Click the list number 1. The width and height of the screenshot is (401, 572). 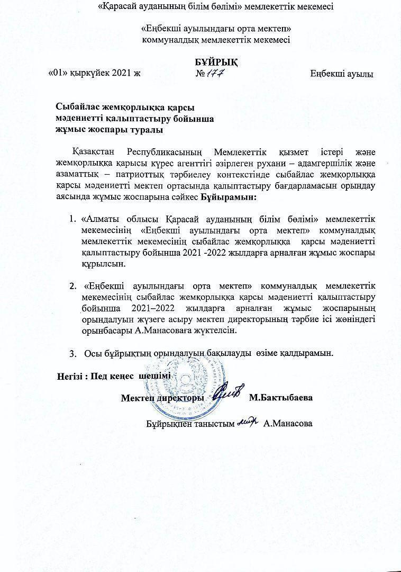pyautogui.click(x=72, y=219)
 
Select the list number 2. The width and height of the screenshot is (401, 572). pyautogui.click(x=72, y=286)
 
